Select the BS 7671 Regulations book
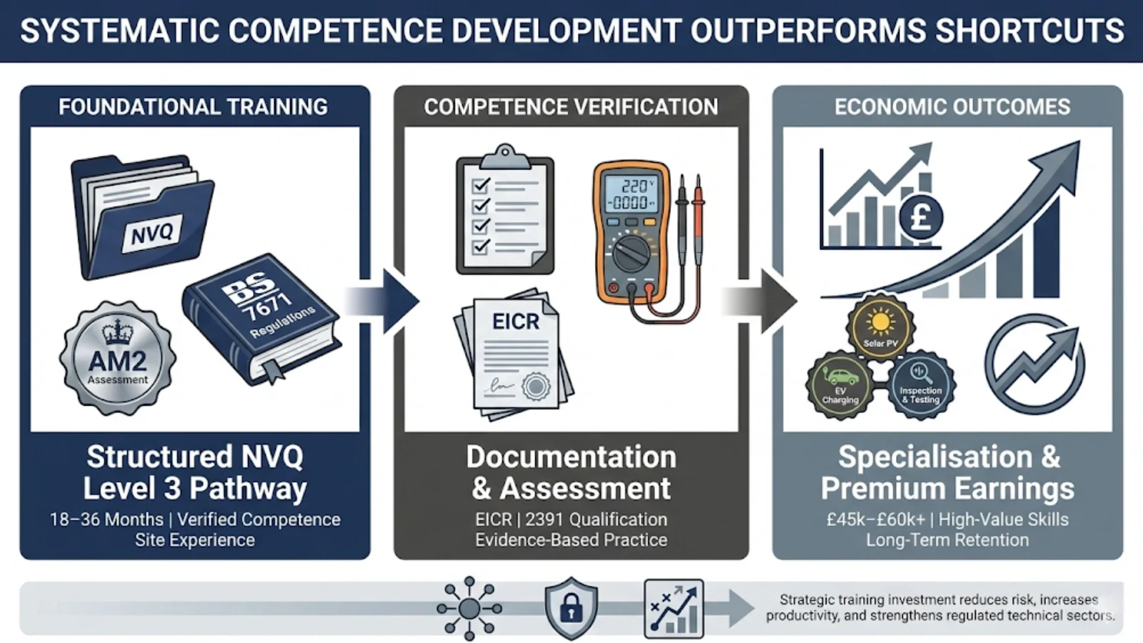point(261,318)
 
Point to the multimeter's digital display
point(629,194)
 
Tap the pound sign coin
point(921,216)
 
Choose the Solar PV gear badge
point(880,326)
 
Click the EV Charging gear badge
point(840,384)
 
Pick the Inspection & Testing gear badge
point(921,384)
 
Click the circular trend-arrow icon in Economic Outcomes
point(1034,364)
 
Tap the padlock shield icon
point(571,608)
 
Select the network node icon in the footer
point(469,608)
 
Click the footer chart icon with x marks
point(674,608)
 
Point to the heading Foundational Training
point(193,107)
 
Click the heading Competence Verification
point(571,107)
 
